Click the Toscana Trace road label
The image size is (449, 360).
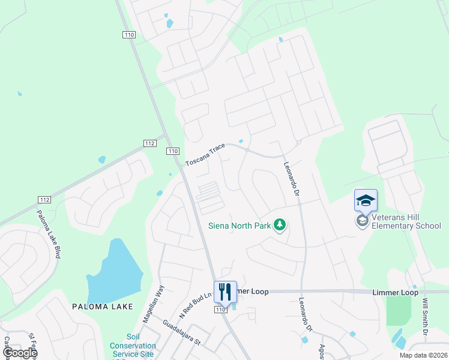click(x=205, y=154)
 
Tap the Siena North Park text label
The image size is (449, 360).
click(x=238, y=226)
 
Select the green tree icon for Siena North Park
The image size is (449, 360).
click(x=279, y=226)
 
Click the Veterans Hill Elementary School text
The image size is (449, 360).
click(x=406, y=221)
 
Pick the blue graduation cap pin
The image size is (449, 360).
click(x=366, y=200)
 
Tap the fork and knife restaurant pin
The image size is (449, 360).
click(x=226, y=292)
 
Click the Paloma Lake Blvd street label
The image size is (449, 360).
click(x=49, y=234)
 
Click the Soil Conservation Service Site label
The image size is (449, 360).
click(x=133, y=346)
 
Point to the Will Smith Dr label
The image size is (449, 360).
click(x=426, y=317)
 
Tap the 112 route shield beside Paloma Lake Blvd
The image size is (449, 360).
click(x=44, y=199)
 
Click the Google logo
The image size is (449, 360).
click(x=19, y=353)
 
